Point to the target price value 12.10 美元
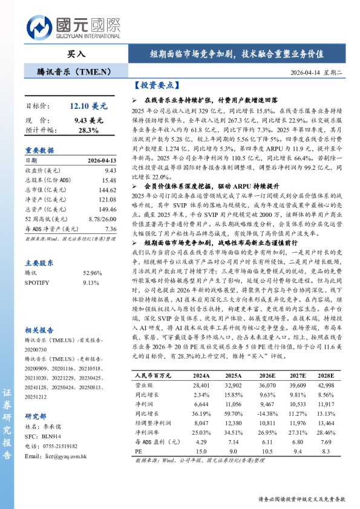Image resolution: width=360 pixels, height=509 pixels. tap(88, 106)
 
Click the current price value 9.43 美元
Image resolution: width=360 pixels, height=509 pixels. tap(88, 120)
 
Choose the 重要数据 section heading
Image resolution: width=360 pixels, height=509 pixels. tap(39, 151)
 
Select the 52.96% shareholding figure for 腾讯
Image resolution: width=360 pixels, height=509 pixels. tap(90, 274)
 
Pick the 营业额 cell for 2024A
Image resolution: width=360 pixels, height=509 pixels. tap(201, 384)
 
